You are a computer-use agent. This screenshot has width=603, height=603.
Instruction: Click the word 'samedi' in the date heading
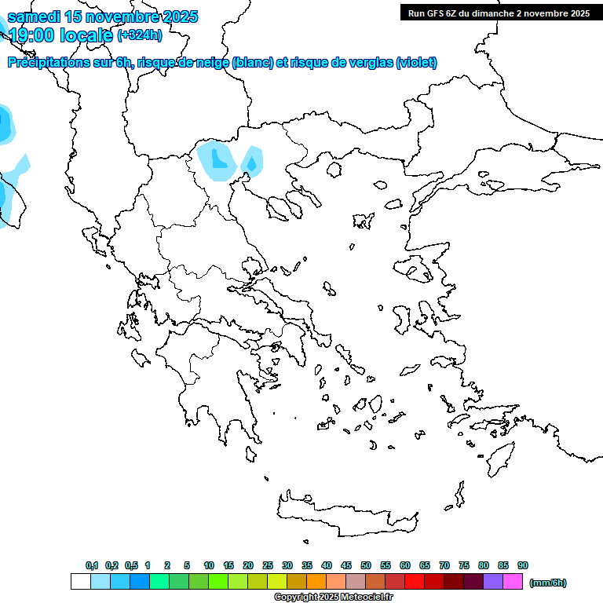pyautogui.click(x=35, y=17)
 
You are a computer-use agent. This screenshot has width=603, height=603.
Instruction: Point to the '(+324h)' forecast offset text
pyautogui.click(x=140, y=35)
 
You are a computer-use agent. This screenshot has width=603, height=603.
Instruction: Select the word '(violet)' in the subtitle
pyautogui.click(x=417, y=63)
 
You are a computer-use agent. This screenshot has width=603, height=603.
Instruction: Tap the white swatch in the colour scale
pyautogui.click(x=80, y=582)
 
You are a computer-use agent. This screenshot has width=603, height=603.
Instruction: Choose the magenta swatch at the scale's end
pyautogui.click(x=513, y=582)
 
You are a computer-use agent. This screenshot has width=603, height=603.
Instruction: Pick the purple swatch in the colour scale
pyautogui.click(x=493, y=582)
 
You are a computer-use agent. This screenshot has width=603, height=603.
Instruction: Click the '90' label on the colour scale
pyautogui.click(x=523, y=566)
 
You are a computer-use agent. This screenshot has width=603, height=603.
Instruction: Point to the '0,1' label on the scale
pyautogui.click(x=92, y=566)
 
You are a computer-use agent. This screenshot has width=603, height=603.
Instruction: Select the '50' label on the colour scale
pyautogui.click(x=366, y=566)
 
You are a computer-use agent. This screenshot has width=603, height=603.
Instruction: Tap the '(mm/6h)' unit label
pyautogui.click(x=548, y=583)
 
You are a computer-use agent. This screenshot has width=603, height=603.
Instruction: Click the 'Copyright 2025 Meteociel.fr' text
pyautogui.click(x=333, y=598)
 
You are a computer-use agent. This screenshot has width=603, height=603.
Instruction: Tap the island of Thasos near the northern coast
pyautogui.click(x=334, y=170)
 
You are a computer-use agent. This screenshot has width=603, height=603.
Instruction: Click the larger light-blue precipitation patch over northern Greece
pyautogui.click(x=214, y=159)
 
